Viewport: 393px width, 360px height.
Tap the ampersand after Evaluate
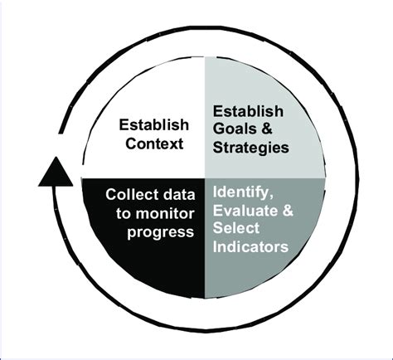coord(286,212)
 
